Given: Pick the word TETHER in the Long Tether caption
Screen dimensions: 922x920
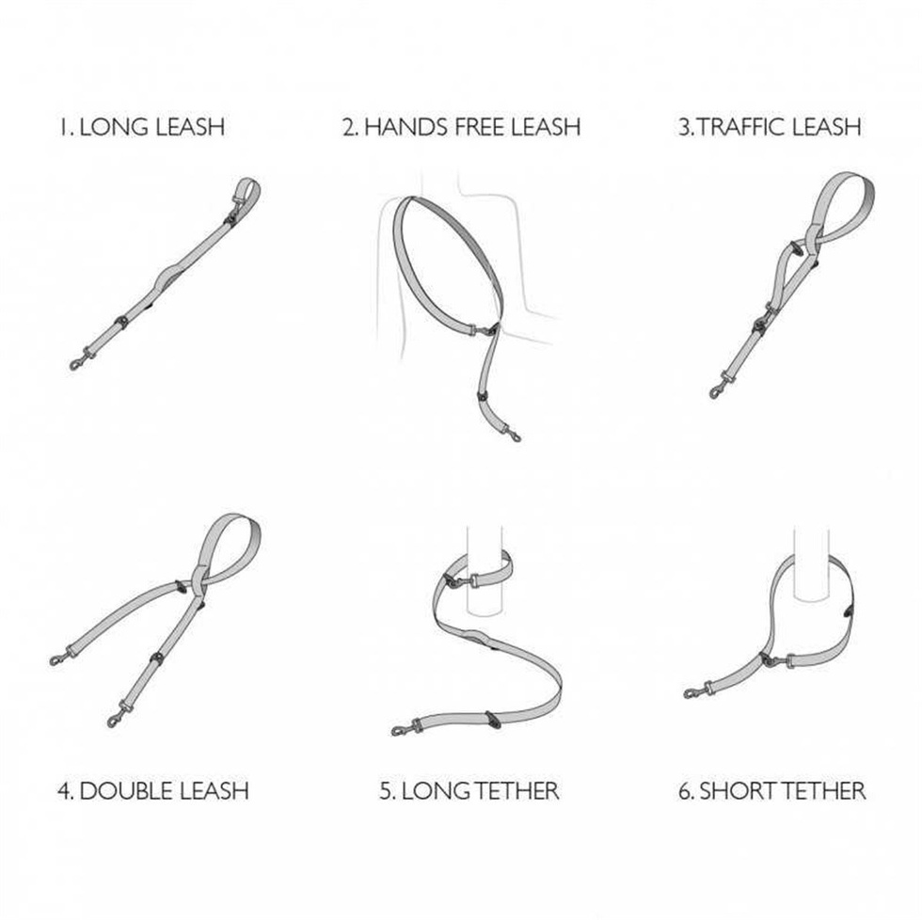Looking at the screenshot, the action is point(517,791).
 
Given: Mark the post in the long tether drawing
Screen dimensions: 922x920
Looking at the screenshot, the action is point(485,571).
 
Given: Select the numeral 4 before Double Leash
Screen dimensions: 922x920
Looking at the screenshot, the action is point(64,791).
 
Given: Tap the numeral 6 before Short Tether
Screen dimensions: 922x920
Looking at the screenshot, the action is point(685,791).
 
